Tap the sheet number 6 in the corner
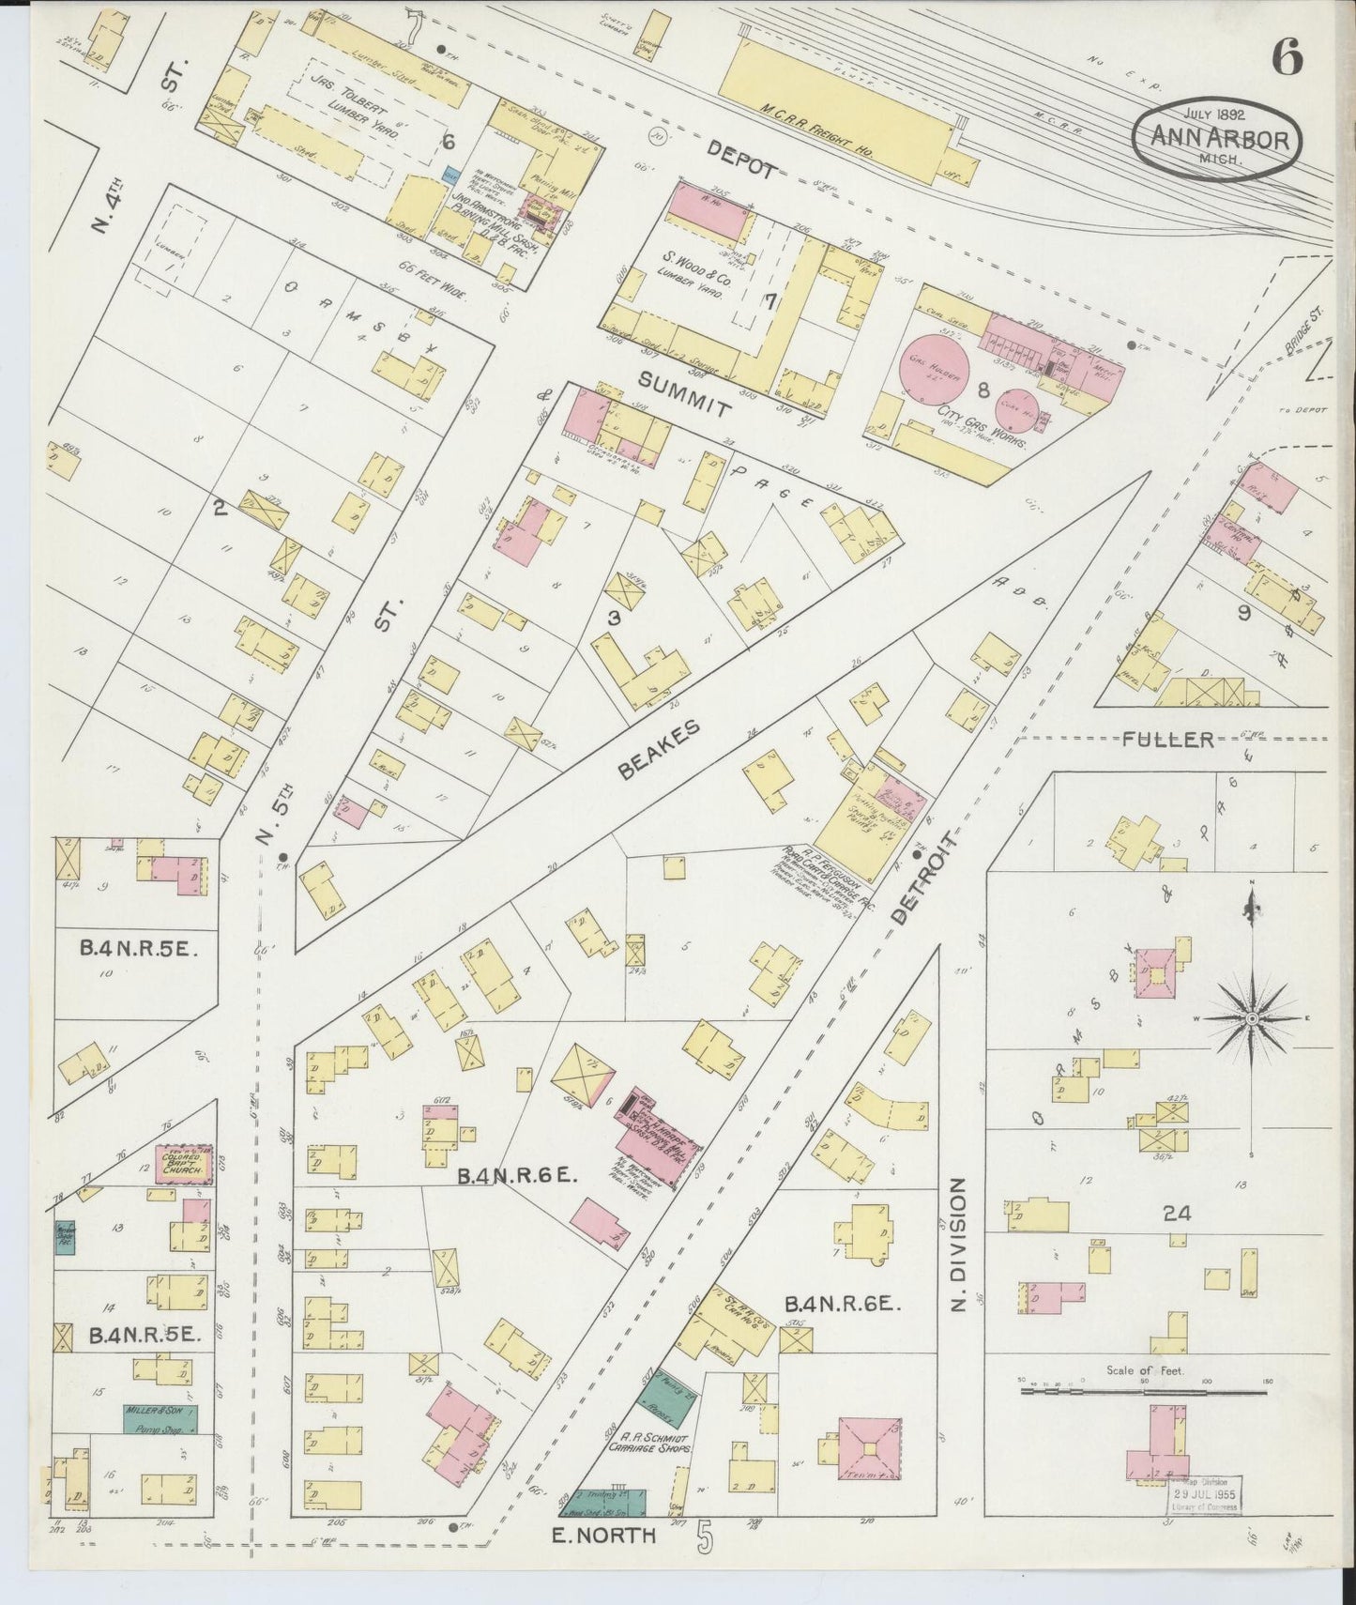[1287, 58]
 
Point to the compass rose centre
[1252, 1018]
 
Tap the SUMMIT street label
[684, 393]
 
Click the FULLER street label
[1167, 740]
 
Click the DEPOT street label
[742, 160]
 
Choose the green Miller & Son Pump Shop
[160, 1418]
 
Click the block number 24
[1177, 1213]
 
